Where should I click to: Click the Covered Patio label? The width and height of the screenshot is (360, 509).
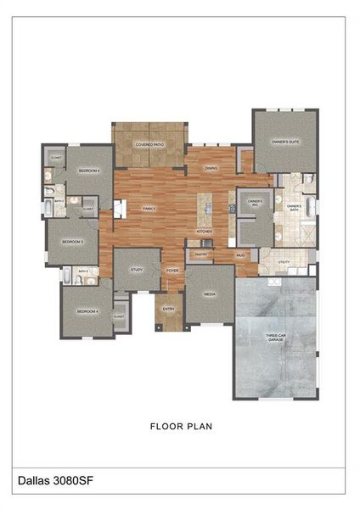(149, 145)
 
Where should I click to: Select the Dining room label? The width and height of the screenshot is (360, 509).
(211, 168)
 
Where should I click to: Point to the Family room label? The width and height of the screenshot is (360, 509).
(149, 208)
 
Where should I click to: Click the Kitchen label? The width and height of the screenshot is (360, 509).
(205, 231)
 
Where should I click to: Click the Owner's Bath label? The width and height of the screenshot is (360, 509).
(294, 208)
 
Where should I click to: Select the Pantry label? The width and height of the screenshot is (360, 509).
(200, 254)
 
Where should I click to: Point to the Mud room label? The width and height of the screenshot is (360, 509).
(240, 255)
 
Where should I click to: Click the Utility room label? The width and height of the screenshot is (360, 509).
(284, 262)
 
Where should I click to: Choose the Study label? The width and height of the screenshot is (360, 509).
(136, 269)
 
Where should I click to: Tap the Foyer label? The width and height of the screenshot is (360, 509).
(172, 271)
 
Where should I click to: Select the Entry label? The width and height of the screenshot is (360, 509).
(168, 309)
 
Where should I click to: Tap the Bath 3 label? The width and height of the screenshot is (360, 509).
(82, 271)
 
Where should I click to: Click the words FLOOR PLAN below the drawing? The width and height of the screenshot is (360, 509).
(181, 426)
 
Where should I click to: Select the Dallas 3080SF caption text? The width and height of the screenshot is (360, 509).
(55, 480)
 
